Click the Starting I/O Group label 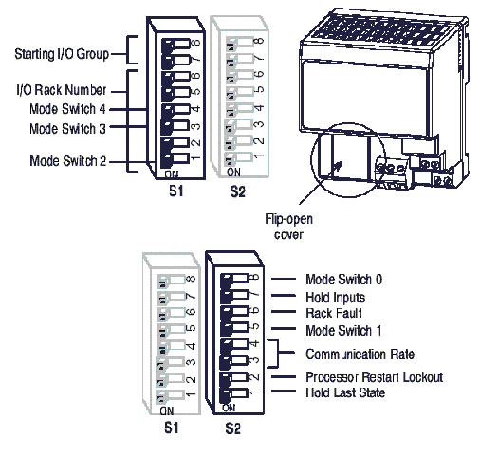(62, 54)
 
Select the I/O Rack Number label (62, 90)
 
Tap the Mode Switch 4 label (67, 109)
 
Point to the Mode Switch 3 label (67, 129)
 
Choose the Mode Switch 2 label (67, 161)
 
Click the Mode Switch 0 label (343, 280)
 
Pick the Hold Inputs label (335, 298)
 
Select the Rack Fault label (334, 313)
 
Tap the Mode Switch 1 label (343, 331)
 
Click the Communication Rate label (360, 355)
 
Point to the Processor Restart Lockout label (375, 377)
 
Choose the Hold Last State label (345, 392)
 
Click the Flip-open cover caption (288, 227)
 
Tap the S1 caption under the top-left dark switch (176, 191)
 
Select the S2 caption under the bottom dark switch (232, 428)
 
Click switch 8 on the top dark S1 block (175, 44)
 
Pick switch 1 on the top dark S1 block (175, 158)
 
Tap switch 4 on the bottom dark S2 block (234, 344)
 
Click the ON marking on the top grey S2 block (233, 173)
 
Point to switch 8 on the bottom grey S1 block (171, 280)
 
